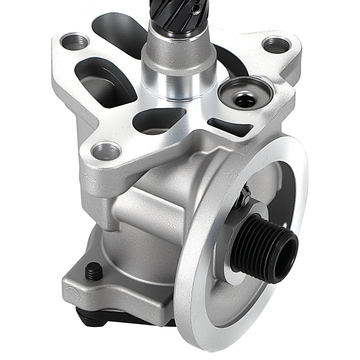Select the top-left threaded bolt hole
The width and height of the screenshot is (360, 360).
pyautogui.click(x=75, y=42)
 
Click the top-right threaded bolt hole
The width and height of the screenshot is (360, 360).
pyautogui.click(x=276, y=45)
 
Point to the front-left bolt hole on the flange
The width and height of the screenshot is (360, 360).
pyautogui.click(x=105, y=151)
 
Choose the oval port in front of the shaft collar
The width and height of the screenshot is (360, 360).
pyautogui.click(x=158, y=121)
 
